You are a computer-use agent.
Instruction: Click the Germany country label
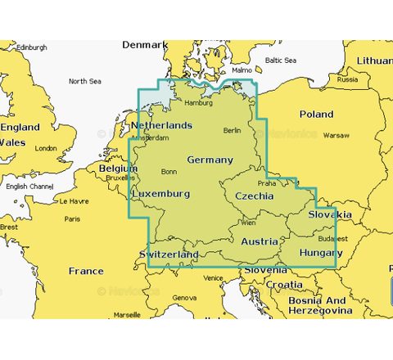pyautogui.click(x=210, y=160)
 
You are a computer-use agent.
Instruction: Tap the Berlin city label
pyautogui.click(x=233, y=131)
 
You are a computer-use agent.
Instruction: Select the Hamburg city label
pyautogui.click(x=199, y=103)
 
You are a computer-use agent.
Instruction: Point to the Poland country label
pyautogui.click(x=316, y=115)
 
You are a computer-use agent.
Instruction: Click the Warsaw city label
pyautogui.click(x=336, y=135)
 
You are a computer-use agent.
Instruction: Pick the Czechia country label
pyautogui.click(x=255, y=196)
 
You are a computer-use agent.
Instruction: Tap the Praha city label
pyautogui.click(x=267, y=183)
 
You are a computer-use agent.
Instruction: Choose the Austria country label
pyautogui.click(x=260, y=241)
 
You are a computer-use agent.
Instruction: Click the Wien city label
pyautogui.click(x=248, y=223)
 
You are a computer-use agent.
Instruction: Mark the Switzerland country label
pyautogui.click(x=169, y=255)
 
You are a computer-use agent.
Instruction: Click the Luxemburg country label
pyautogui.click(x=161, y=194)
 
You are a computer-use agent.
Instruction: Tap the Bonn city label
pyautogui.click(x=169, y=172)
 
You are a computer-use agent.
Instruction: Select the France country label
pyautogui.click(x=86, y=271)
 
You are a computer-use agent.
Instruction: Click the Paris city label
pyautogui.click(x=73, y=218)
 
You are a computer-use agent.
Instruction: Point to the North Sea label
pyautogui.click(x=84, y=81)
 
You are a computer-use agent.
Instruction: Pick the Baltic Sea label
pyautogui.click(x=280, y=60)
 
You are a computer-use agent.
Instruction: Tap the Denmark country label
pyautogui.click(x=144, y=45)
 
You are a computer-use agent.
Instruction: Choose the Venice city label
pyautogui.click(x=213, y=278)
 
